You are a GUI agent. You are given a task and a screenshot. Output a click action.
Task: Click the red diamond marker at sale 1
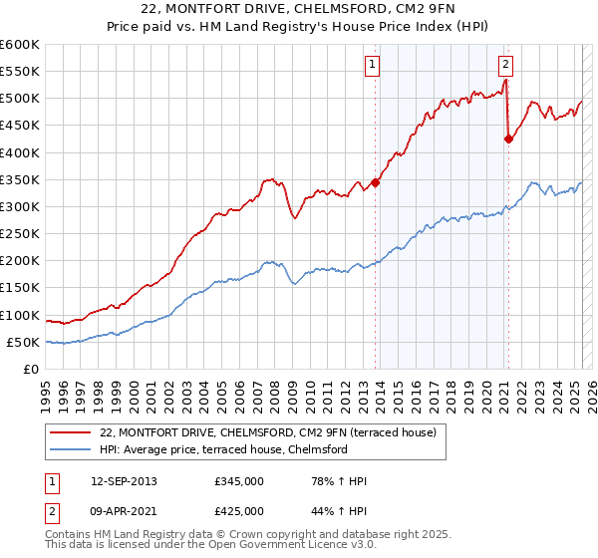[x=376, y=182]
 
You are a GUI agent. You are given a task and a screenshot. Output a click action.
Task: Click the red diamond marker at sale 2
[x=508, y=139]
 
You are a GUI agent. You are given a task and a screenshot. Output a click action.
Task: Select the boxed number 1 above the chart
[x=372, y=65]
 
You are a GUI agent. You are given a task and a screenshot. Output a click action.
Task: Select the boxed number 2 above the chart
[x=505, y=65]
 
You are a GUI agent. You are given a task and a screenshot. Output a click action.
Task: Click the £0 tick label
[x=31, y=369]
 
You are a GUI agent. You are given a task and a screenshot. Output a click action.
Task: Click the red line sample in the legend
[x=71, y=431]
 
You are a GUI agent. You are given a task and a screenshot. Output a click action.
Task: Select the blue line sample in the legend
[x=71, y=449]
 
